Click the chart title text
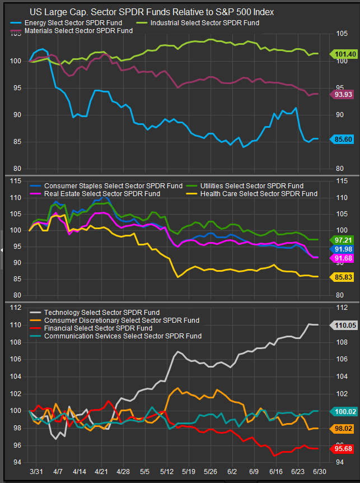[151, 12]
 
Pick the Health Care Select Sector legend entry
[255, 194]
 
